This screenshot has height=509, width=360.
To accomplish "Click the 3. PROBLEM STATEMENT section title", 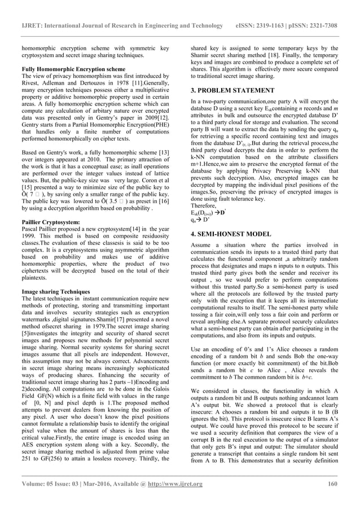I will [x=232, y=90].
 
